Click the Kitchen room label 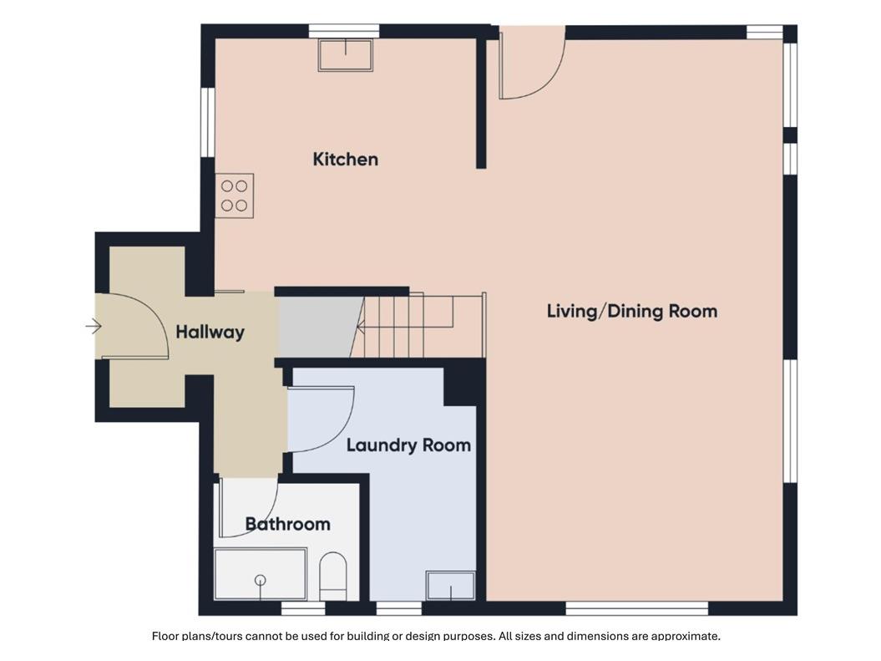[x=345, y=159]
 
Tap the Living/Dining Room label [x=632, y=311]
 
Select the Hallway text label [x=210, y=332]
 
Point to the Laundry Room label [x=408, y=445]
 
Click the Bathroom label [x=287, y=524]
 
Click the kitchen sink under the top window [x=345, y=54]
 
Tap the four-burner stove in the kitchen [x=235, y=196]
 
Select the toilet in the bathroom [x=333, y=576]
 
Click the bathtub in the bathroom [x=261, y=574]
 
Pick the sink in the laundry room [x=451, y=585]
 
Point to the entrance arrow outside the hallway [x=94, y=326]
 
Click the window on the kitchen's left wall [x=208, y=122]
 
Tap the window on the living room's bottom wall [x=636, y=608]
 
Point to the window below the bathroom [x=303, y=608]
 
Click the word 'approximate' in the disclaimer [x=686, y=636]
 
